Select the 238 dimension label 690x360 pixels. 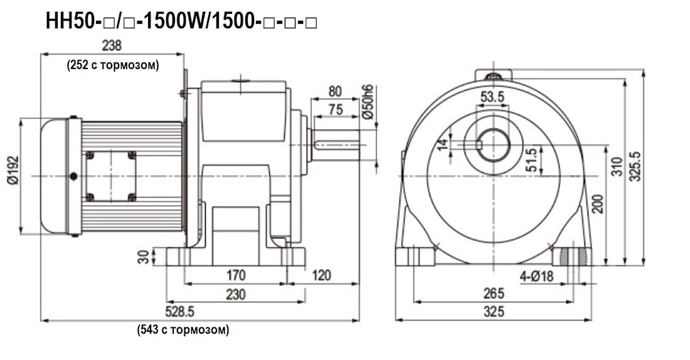tap(112, 45)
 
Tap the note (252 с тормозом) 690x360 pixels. tap(113, 65)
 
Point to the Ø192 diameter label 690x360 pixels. tap(13, 171)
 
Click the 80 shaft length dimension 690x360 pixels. tap(335, 92)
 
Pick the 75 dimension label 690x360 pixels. tap(336, 109)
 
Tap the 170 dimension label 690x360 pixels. tap(236, 275)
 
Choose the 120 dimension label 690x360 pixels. tap(321, 275)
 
